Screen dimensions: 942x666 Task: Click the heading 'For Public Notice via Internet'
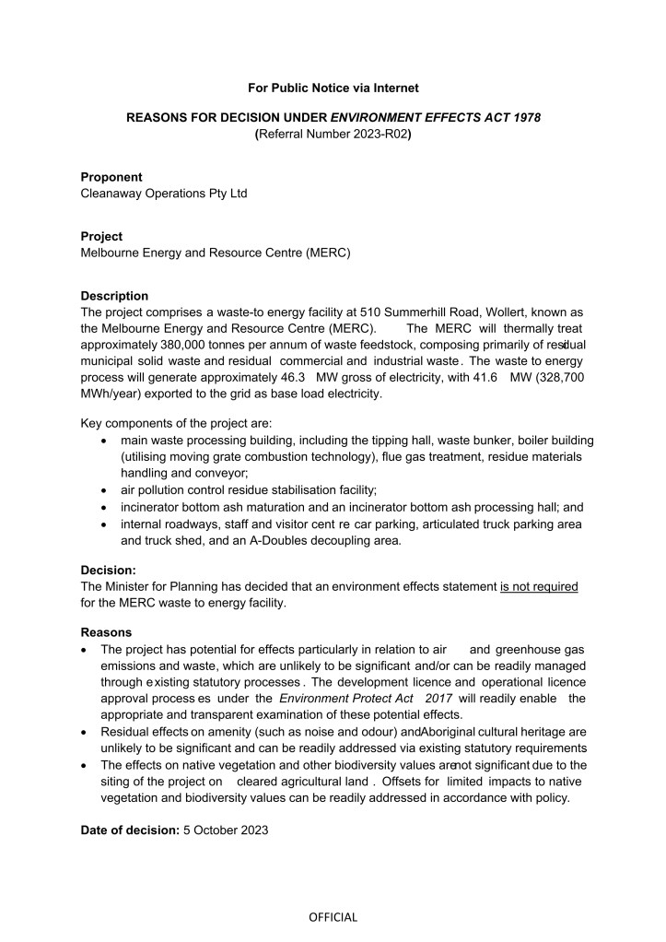point(333,88)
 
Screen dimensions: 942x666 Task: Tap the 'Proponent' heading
point(111,177)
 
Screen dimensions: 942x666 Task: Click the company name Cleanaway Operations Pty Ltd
point(164,194)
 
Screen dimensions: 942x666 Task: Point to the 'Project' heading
point(101,236)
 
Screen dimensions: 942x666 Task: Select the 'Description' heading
point(114,296)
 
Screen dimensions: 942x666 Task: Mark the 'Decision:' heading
point(109,571)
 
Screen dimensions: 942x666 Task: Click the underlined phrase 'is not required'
point(539,587)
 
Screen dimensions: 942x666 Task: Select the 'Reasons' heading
point(106,632)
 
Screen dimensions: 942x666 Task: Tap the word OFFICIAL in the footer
point(333,917)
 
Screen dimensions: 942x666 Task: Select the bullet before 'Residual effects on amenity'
point(85,732)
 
